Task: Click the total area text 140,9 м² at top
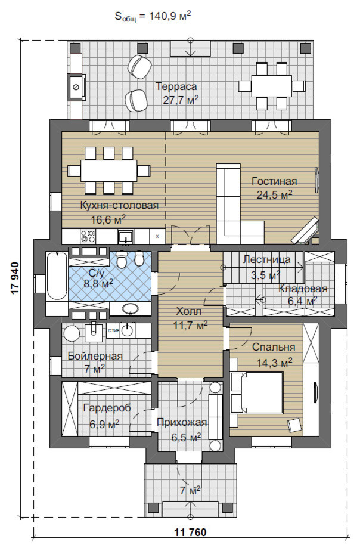(x=170, y=16)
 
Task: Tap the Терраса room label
(x=176, y=86)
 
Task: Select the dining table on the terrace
(x=271, y=86)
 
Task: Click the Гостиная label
(x=274, y=181)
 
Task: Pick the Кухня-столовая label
(x=119, y=205)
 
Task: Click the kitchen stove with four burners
(x=88, y=236)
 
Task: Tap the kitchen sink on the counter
(x=125, y=236)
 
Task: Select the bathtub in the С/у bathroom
(x=57, y=276)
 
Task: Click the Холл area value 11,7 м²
(x=190, y=325)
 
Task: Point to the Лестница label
(x=267, y=259)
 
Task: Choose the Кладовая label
(x=303, y=289)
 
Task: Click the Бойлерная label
(x=95, y=356)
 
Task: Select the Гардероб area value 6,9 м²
(x=104, y=424)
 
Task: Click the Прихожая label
(x=182, y=422)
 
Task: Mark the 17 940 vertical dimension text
(x=15, y=277)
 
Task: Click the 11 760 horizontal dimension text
(x=190, y=532)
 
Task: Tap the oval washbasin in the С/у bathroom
(x=131, y=308)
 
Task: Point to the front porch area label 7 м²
(x=190, y=490)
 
